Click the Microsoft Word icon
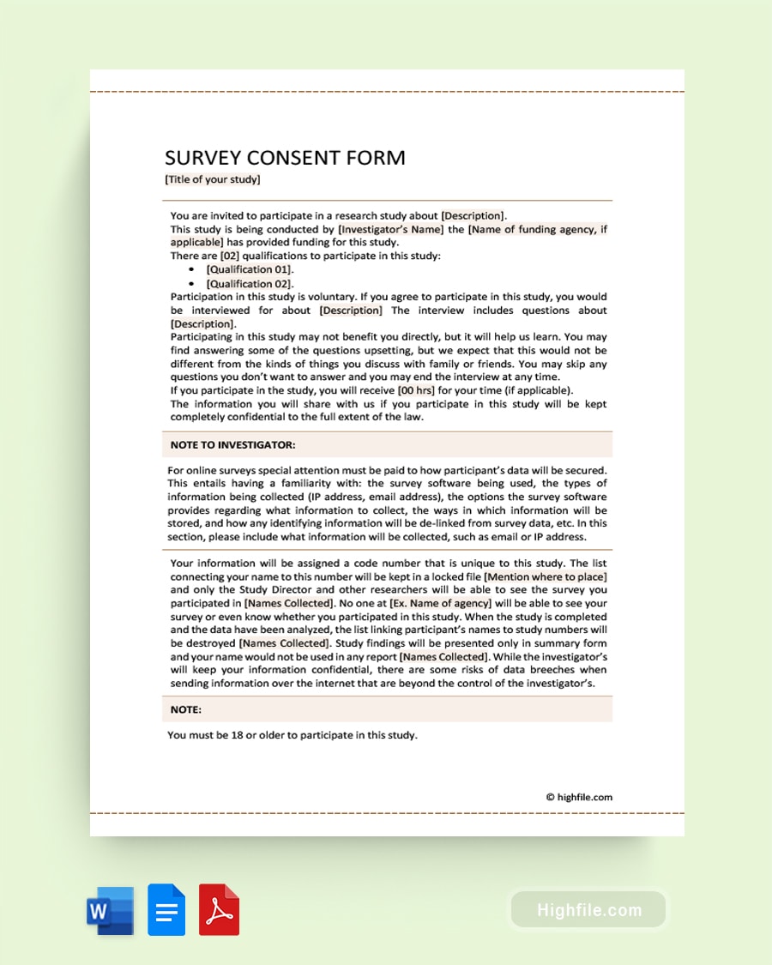(x=110, y=910)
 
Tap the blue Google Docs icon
(x=166, y=910)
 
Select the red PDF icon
(x=219, y=910)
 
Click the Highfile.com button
(x=588, y=910)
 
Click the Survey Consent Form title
(x=285, y=158)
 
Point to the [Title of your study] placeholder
(x=213, y=179)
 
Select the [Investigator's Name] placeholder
(x=391, y=229)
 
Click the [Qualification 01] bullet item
(x=249, y=269)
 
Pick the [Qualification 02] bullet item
(x=249, y=283)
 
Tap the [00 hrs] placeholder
(x=416, y=390)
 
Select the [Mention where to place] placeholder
(x=546, y=577)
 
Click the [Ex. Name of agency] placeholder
(x=441, y=604)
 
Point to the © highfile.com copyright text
(x=579, y=797)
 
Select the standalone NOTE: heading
(x=185, y=709)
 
